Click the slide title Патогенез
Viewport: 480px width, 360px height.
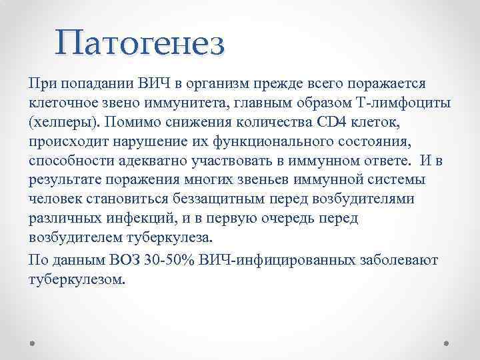(x=141, y=43)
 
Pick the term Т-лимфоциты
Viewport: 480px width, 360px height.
(x=395, y=104)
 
